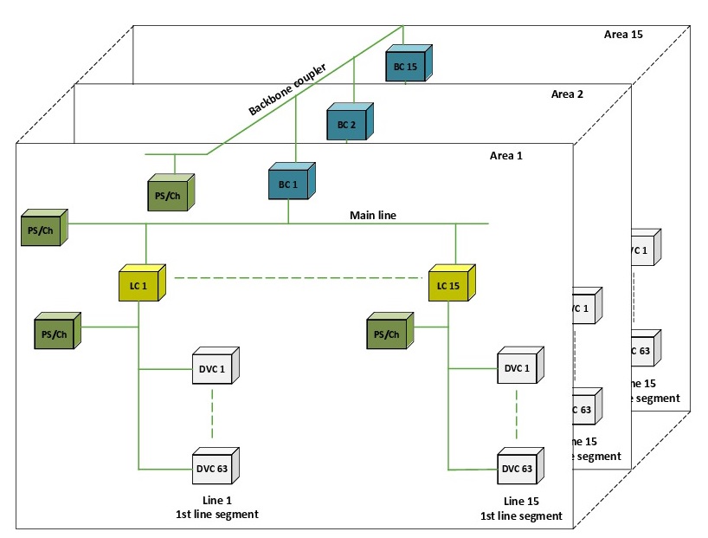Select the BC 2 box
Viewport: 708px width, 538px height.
348,124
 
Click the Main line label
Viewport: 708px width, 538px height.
372,215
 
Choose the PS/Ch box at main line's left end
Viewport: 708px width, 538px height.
41,230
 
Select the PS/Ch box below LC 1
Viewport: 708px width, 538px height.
55,334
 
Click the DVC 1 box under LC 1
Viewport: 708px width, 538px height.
213,369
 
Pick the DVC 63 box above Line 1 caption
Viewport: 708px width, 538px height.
213,469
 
